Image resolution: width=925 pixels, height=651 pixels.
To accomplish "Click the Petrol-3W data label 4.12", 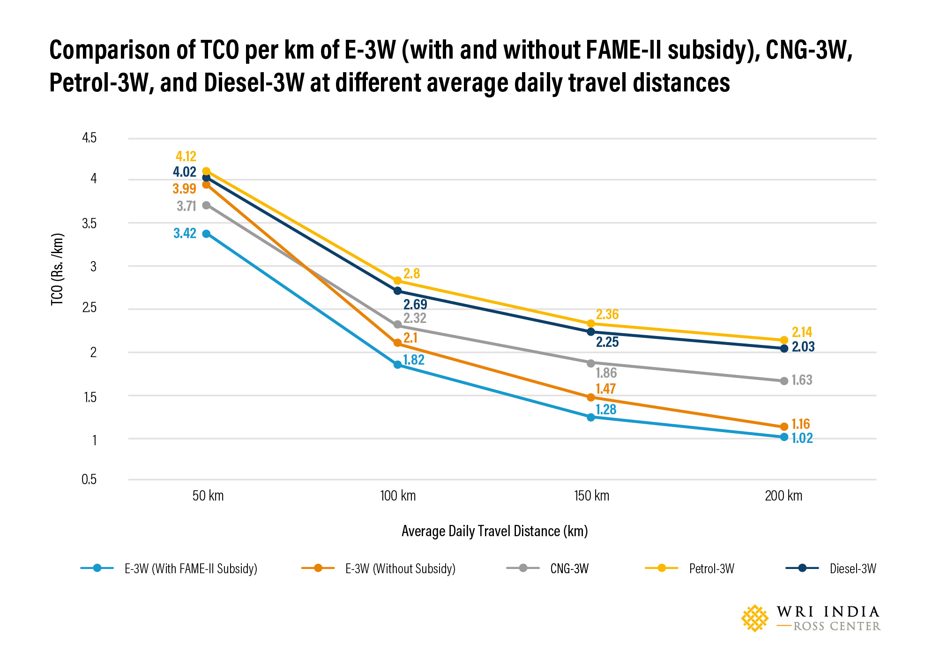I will click(x=186, y=156).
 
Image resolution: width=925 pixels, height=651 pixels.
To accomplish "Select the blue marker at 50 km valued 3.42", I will click(x=206, y=233).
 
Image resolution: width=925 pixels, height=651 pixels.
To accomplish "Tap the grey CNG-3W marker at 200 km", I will click(x=784, y=381).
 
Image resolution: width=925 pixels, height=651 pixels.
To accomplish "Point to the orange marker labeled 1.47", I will click(x=590, y=397).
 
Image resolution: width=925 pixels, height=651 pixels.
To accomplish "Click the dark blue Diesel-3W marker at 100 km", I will click(x=397, y=291).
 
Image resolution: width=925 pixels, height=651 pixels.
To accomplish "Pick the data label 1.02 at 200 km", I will click(x=802, y=438).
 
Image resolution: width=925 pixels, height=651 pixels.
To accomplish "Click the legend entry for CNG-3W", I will click(x=569, y=569).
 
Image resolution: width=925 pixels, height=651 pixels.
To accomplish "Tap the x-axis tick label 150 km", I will click(x=591, y=496).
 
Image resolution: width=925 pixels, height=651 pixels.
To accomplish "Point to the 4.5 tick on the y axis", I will click(x=89, y=138).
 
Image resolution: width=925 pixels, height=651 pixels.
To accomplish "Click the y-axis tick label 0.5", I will click(x=89, y=479).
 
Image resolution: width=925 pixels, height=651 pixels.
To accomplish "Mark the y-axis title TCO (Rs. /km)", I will click(x=57, y=269).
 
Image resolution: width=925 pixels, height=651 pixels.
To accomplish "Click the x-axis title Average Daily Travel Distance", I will click(x=494, y=531).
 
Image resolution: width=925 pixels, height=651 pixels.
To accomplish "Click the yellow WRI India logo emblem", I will click(x=754, y=618).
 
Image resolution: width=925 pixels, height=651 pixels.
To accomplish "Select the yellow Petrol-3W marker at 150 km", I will click(x=590, y=324).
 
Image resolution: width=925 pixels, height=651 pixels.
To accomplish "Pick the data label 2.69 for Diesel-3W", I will click(x=415, y=305).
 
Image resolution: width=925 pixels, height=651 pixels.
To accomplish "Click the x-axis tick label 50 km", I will click(x=208, y=496).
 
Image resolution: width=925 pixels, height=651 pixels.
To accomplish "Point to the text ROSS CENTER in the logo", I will click(x=836, y=627).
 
